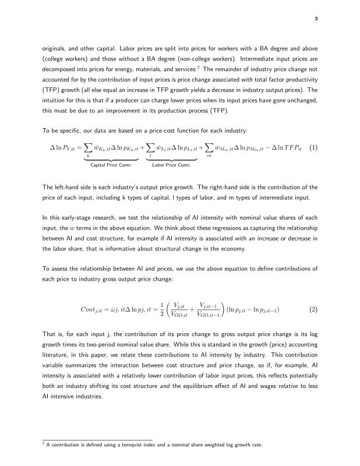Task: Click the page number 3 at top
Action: pyautogui.click(x=316, y=19)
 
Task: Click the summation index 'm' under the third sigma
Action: pyautogui.click(x=207, y=156)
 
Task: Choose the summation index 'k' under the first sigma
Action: pyautogui.click(x=88, y=156)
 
